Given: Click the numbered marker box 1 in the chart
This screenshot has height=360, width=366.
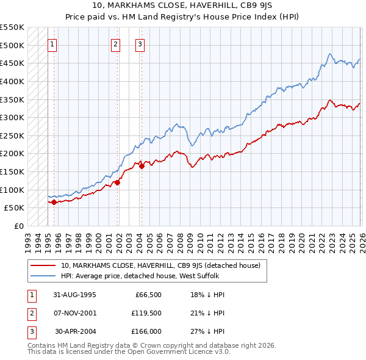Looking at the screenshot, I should point(52,43).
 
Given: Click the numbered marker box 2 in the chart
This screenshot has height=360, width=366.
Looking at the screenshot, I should point(115,43).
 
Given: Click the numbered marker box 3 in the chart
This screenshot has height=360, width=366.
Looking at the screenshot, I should point(140,43).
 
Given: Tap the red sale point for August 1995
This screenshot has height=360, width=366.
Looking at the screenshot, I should point(54,202).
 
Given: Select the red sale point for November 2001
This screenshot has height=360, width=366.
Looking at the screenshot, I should point(117,182).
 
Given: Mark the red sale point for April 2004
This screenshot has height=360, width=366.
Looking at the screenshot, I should point(142,165).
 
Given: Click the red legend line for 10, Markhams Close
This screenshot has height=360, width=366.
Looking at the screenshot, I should point(43,265).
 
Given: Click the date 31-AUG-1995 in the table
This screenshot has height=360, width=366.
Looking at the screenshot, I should point(74,294).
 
